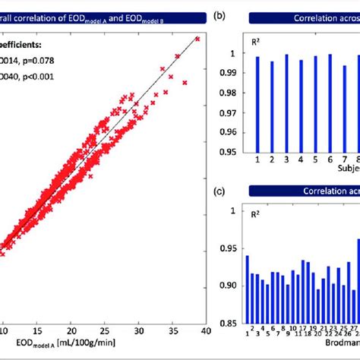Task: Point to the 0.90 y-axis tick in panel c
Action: (x=235, y=286)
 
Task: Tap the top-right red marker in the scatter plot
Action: (x=197, y=39)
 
